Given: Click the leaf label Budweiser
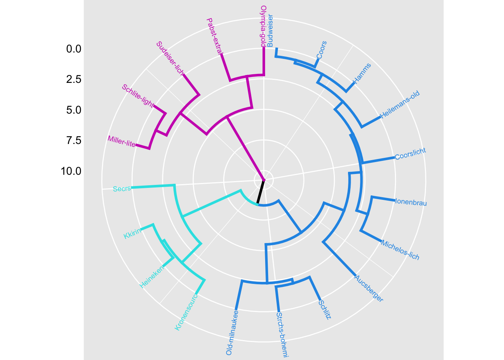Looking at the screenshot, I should (270, 30).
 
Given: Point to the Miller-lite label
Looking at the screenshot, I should (121, 141).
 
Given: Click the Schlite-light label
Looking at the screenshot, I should (138, 95).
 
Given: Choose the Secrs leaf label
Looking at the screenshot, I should (122, 189).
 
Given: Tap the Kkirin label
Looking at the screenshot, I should (132, 233).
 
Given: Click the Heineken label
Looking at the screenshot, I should (152, 277).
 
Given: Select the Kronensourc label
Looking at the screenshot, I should (186, 312).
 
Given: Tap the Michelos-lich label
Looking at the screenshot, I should (400, 250).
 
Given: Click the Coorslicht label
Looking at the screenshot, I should (410, 154).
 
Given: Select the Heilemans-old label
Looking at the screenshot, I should (400, 105).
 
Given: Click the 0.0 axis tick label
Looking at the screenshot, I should (73, 49).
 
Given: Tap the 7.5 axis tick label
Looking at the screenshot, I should (73, 141).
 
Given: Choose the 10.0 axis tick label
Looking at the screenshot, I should (71, 171).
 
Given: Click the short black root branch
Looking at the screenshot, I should (261, 192).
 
